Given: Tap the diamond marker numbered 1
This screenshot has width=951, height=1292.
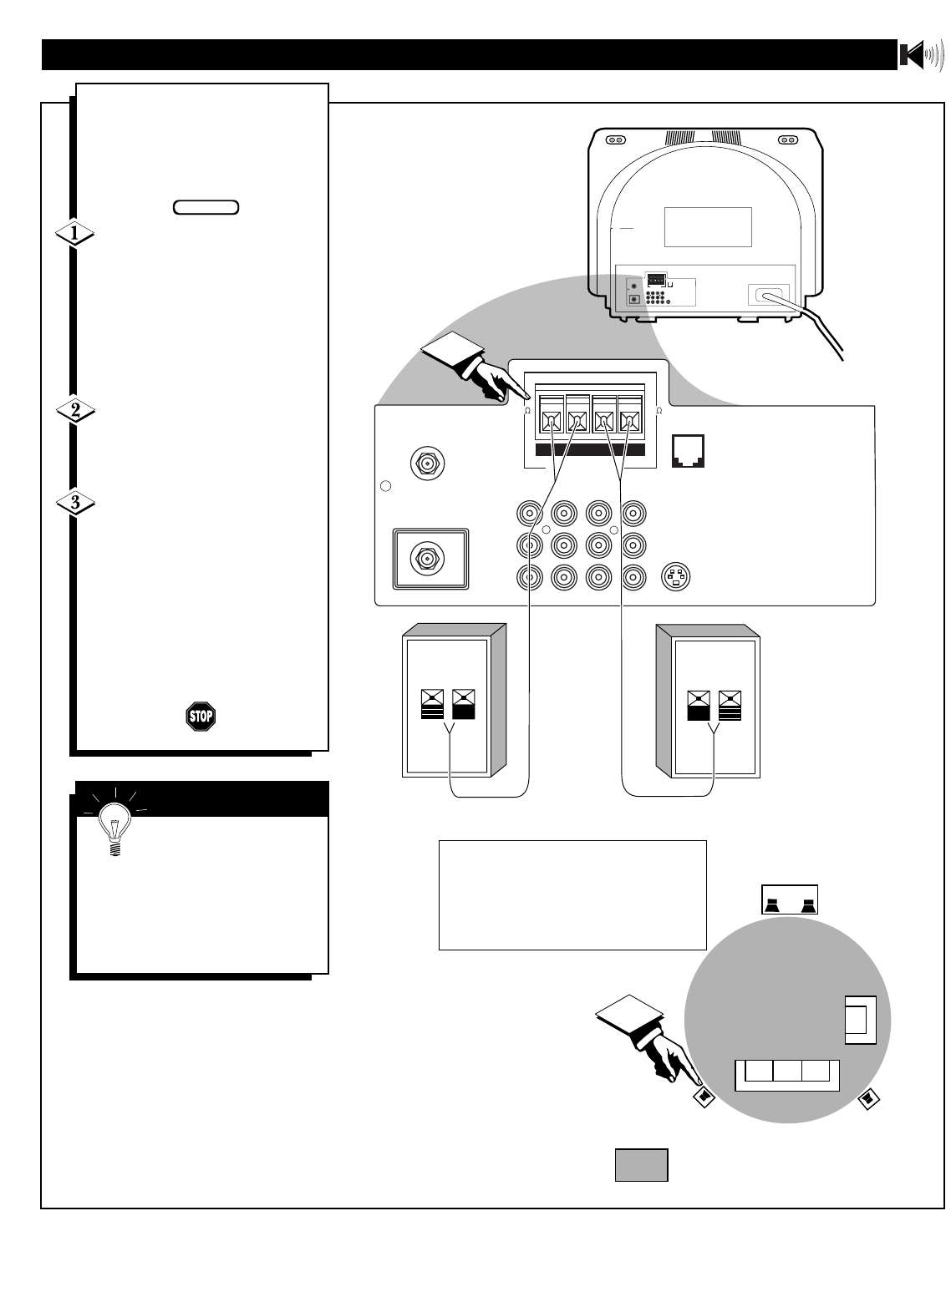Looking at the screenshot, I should pyautogui.click(x=74, y=236).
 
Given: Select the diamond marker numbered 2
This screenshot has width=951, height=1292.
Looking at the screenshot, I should pyautogui.click(x=74, y=411).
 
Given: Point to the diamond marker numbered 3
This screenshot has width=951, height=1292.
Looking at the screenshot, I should pyautogui.click(x=74, y=504).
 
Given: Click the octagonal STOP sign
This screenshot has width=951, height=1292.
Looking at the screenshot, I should pyautogui.click(x=201, y=716).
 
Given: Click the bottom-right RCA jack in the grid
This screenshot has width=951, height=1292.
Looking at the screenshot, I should pyautogui.click(x=633, y=576).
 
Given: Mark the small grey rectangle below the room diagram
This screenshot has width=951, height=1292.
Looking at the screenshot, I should pyautogui.click(x=641, y=1165).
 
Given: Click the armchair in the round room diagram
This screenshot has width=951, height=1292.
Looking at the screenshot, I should pyautogui.click(x=859, y=1019).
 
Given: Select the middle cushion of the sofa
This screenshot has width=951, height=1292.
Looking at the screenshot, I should pyautogui.click(x=786, y=1073).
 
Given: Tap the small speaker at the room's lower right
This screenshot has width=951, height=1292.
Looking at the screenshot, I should pyautogui.click(x=868, y=1099).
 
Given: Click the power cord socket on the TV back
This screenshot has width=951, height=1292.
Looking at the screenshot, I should pyautogui.click(x=765, y=295).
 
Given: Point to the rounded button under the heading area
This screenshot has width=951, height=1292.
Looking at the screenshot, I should pyautogui.click(x=206, y=206).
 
